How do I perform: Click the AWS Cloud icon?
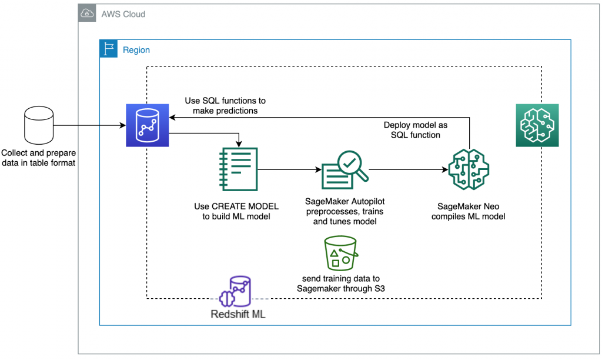coord(87,14)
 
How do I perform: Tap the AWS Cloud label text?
coord(123,14)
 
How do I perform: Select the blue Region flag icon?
coord(109,49)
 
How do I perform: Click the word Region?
coord(136,50)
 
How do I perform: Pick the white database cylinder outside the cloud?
coord(39,125)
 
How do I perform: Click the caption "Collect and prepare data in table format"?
coord(38,158)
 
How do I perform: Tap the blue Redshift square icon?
coord(148,125)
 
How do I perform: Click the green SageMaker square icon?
coord(537,125)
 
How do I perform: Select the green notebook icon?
coord(239,169)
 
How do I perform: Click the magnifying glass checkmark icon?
coord(345,170)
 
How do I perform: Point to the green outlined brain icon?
coord(469,169)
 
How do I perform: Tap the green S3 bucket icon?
coord(341,254)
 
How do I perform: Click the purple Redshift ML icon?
coord(235,292)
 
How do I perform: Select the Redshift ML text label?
coord(238,314)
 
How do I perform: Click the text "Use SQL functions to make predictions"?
coord(225,106)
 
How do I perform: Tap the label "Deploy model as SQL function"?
coord(416,130)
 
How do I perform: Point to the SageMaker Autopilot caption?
coord(345,211)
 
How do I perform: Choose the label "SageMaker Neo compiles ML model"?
coord(469,211)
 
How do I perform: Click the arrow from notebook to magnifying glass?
coord(289,169)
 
